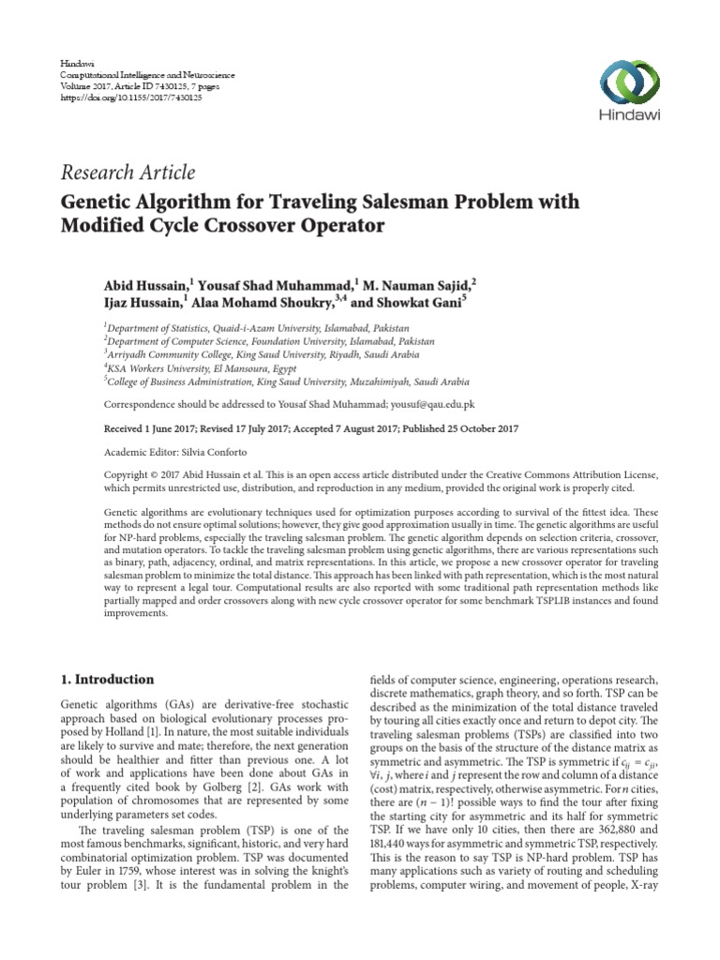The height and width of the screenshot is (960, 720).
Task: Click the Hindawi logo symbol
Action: click(x=628, y=85)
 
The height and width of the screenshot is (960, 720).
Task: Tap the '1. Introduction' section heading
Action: click(x=109, y=679)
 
